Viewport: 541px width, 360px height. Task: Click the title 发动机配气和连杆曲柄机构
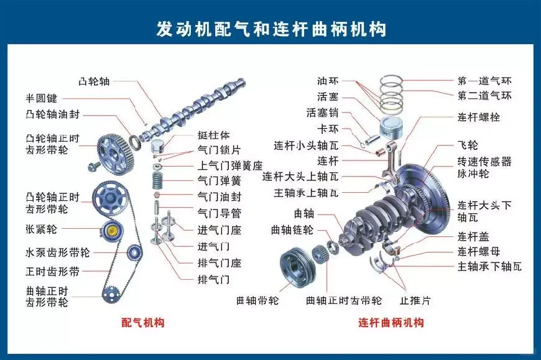(x=270, y=29)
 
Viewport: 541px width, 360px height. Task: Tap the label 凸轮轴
(x=94, y=81)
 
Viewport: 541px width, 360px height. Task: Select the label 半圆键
(x=41, y=98)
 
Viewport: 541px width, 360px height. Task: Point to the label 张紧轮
(x=41, y=229)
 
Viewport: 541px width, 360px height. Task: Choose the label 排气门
(x=213, y=279)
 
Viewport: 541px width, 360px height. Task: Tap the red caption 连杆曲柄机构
(x=391, y=323)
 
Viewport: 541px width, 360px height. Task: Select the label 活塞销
(x=322, y=113)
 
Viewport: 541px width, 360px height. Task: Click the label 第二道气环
(x=484, y=96)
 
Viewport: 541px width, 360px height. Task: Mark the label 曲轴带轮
(x=257, y=300)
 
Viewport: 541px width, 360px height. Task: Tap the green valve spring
(x=159, y=182)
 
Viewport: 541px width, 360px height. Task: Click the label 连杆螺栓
(x=479, y=117)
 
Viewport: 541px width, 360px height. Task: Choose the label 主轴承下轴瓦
(x=489, y=267)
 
